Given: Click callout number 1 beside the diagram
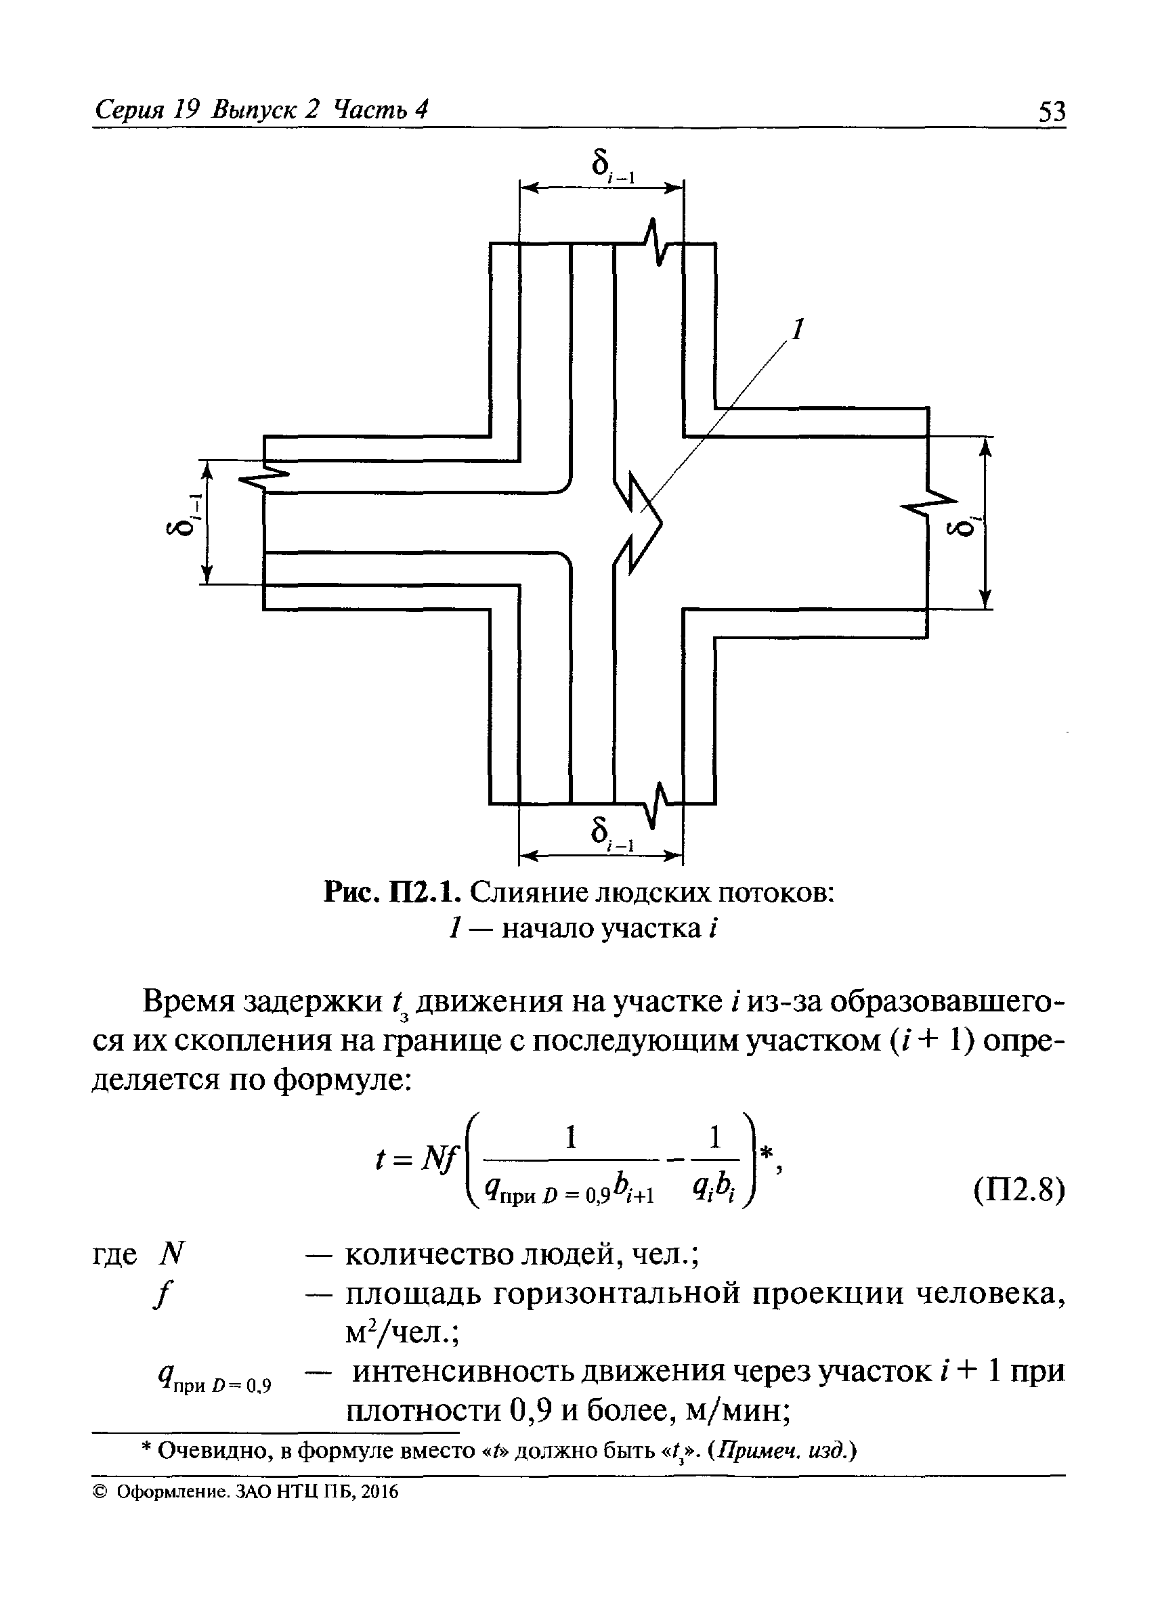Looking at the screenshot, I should (798, 329).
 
